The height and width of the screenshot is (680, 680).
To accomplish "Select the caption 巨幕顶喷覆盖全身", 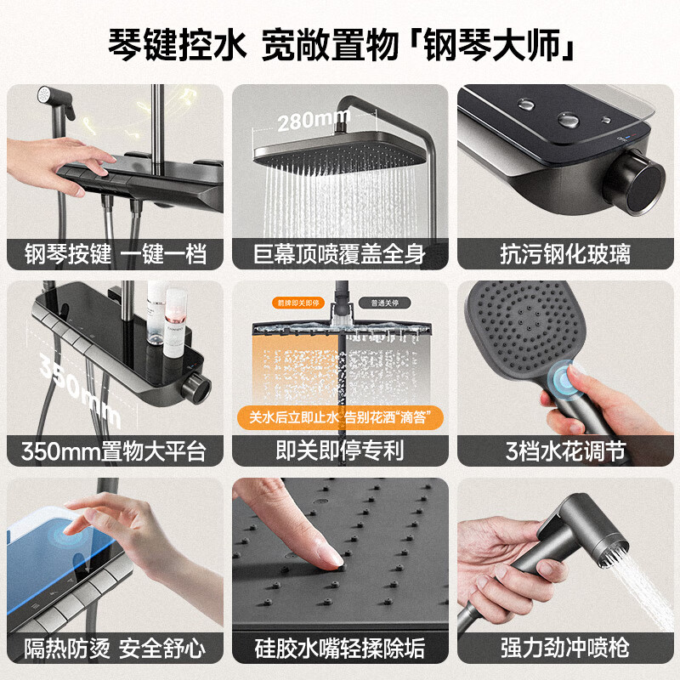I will [340, 253].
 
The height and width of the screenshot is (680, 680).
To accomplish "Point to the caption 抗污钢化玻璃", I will [565, 253].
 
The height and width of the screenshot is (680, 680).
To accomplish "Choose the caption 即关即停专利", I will [340, 450].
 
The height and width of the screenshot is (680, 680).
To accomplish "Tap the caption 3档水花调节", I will [565, 450].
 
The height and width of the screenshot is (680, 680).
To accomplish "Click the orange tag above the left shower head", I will [293, 302].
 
